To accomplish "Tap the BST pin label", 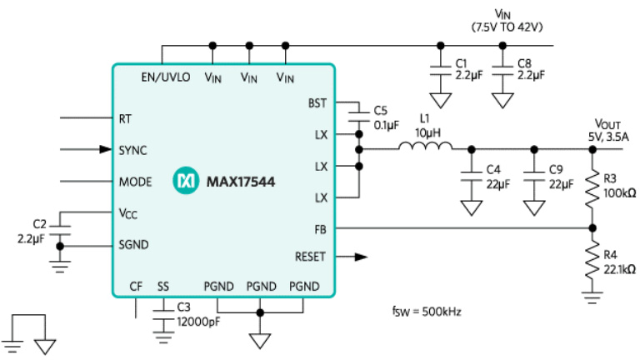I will [317, 103].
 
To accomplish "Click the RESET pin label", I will [310, 257].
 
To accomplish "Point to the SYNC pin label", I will [133, 150].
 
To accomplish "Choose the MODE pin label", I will [135, 181].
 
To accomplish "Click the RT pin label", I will [126, 118].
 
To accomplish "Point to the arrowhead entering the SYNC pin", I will [106, 150].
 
